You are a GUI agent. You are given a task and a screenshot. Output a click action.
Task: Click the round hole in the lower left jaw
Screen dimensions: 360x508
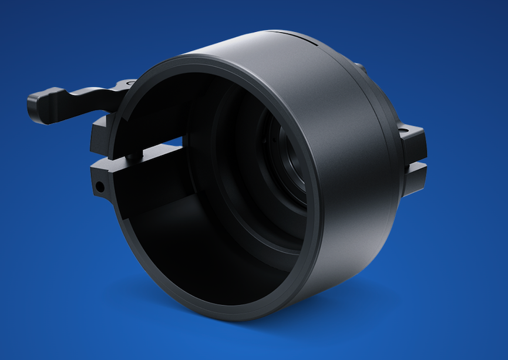coord(100,188)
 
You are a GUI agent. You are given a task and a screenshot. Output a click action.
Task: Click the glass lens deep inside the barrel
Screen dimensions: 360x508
coord(291,164)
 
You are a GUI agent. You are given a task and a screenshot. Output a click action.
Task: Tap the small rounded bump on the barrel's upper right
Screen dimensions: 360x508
coord(359,68)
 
